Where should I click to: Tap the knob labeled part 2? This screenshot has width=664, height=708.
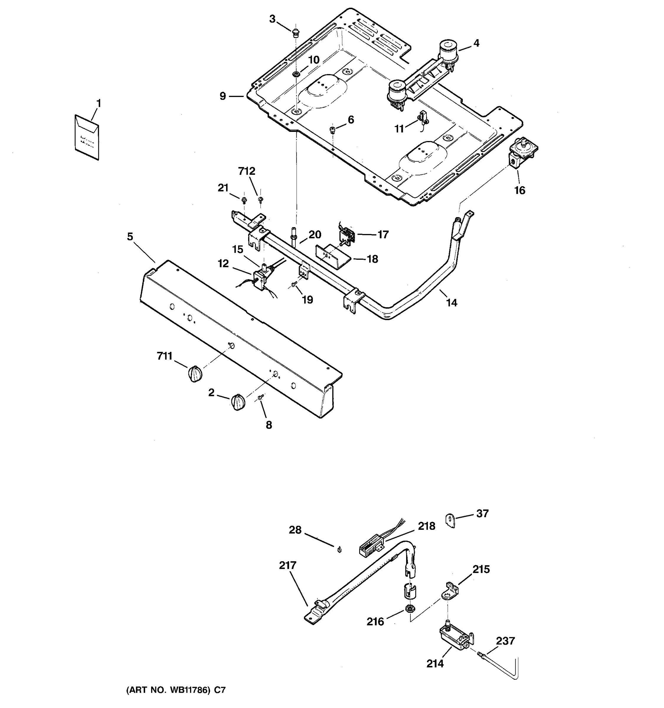(x=238, y=402)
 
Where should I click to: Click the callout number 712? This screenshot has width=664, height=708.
(x=247, y=171)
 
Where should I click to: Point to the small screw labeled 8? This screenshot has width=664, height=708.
(x=260, y=396)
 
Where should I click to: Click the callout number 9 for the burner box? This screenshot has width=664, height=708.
(x=223, y=96)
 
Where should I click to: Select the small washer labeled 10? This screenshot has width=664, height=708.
(x=296, y=74)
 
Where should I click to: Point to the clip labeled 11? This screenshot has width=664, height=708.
(x=423, y=117)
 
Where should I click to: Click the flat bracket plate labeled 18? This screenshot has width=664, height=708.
(x=333, y=256)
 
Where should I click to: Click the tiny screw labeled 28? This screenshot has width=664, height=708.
(x=339, y=550)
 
